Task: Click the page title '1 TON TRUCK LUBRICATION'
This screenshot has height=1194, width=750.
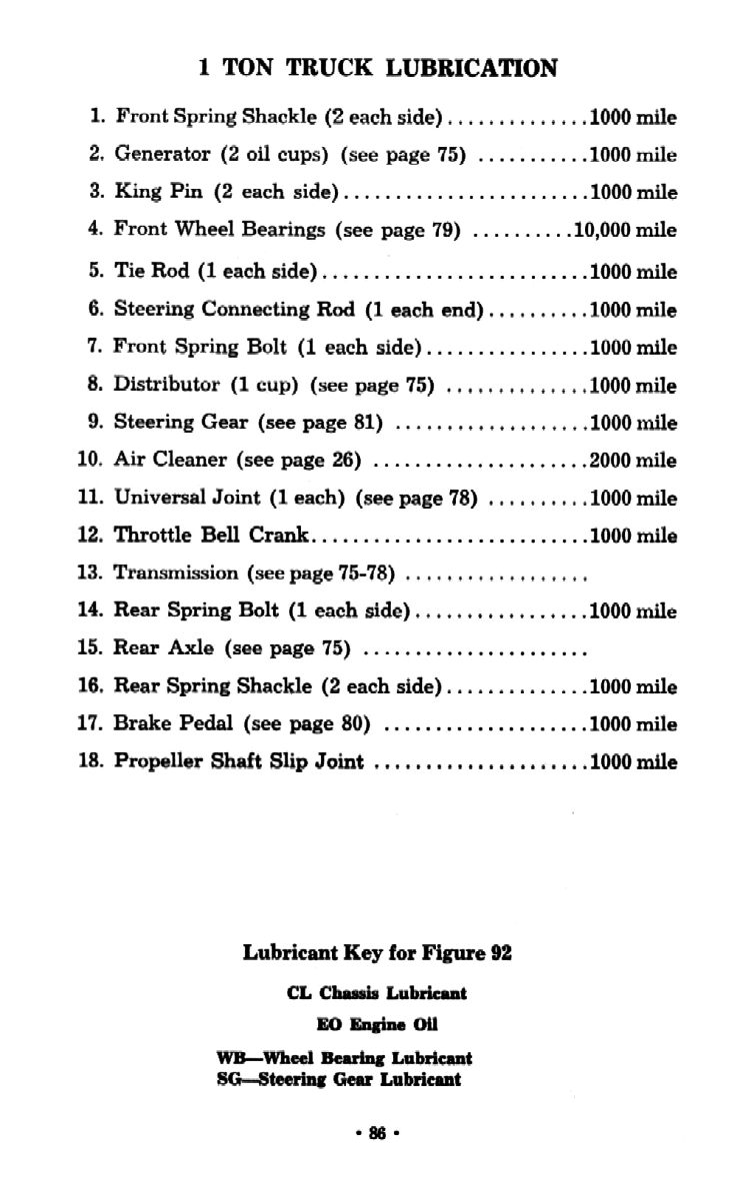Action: (378, 68)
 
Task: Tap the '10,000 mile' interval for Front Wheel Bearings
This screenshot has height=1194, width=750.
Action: (624, 230)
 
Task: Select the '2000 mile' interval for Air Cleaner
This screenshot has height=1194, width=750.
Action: (633, 461)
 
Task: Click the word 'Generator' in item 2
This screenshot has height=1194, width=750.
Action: (163, 155)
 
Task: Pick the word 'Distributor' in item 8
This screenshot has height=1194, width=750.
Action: (167, 386)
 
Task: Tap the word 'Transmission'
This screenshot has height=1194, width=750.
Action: (177, 574)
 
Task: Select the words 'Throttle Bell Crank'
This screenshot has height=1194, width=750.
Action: (213, 536)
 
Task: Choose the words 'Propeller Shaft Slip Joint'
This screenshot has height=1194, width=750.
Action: (239, 761)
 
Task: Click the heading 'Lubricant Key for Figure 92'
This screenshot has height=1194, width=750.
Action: (377, 953)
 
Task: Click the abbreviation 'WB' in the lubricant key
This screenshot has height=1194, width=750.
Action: (229, 1057)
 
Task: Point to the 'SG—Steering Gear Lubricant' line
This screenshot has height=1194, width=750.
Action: (339, 1079)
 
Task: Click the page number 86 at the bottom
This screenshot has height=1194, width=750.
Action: (376, 1133)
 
